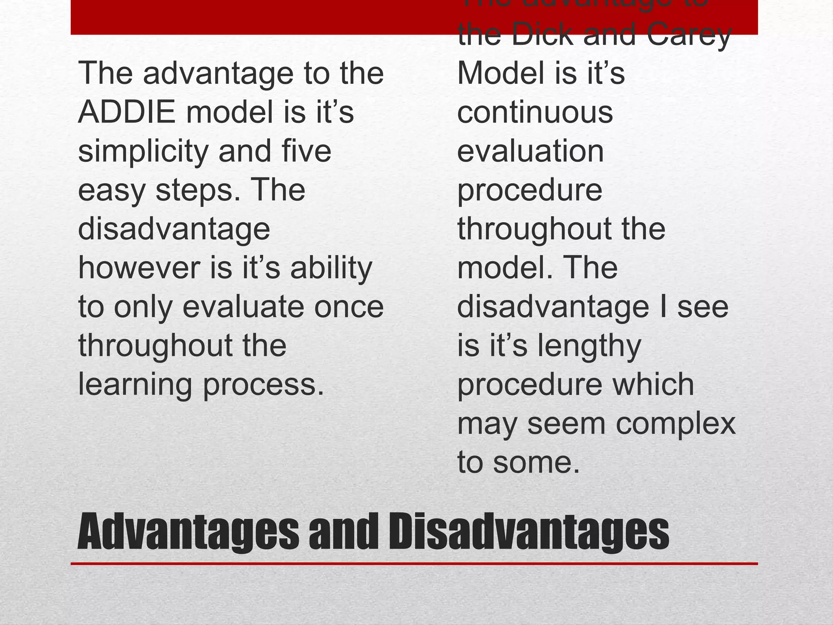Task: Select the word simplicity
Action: pos(143,152)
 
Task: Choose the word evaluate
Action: pos(243,307)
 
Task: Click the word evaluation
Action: pos(530,151)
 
